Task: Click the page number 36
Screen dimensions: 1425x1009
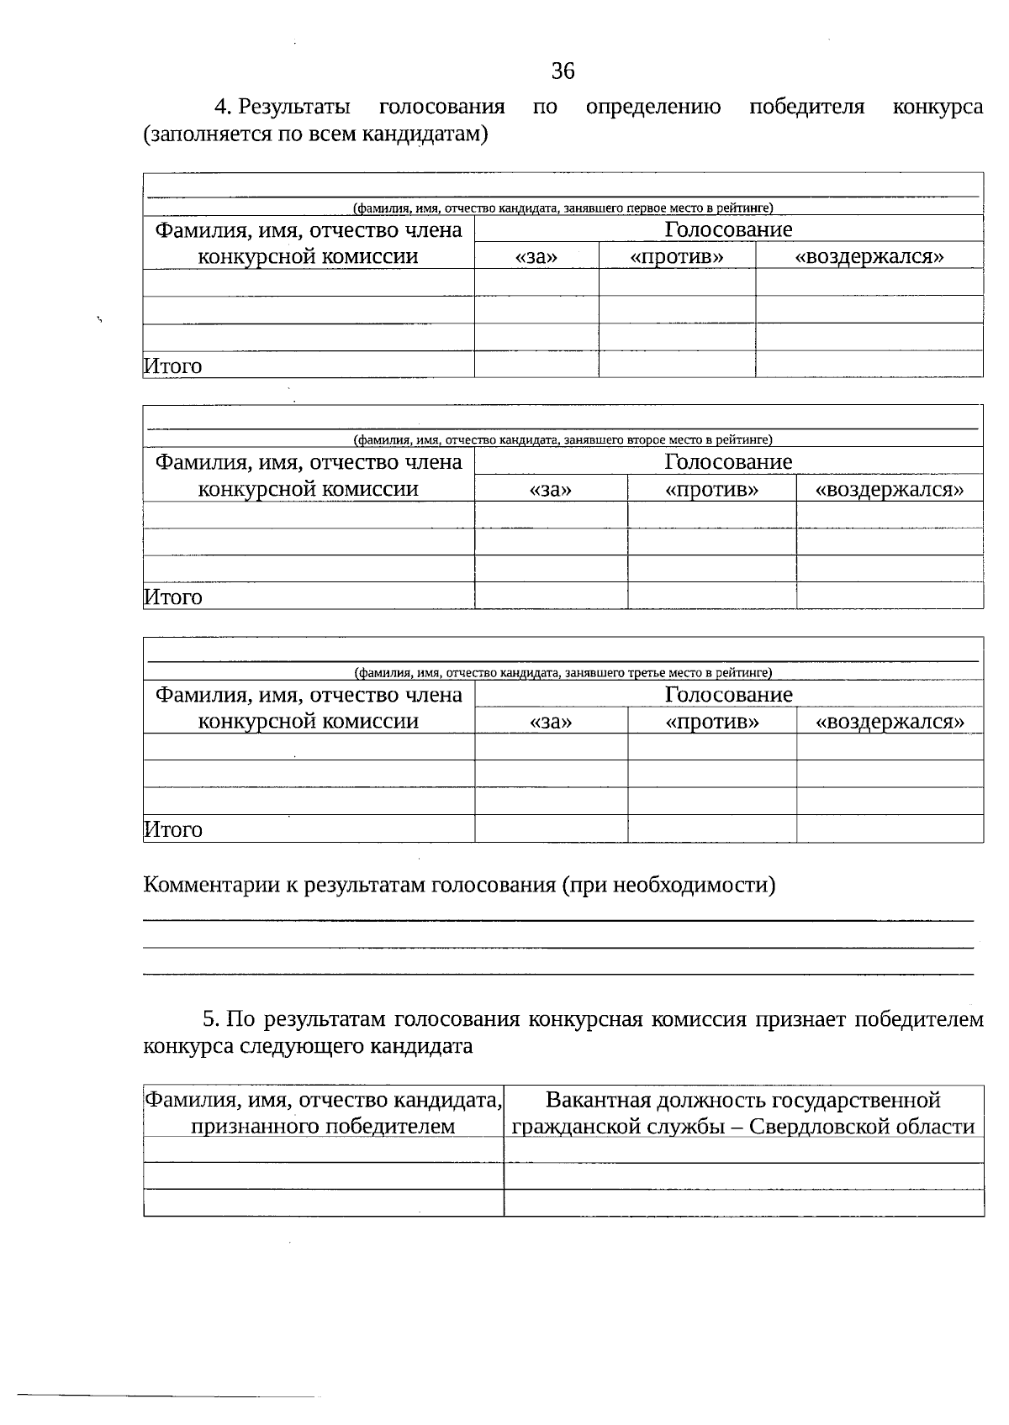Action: [x=563, y=71]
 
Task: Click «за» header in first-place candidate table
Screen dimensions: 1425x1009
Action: [x=536, y=257]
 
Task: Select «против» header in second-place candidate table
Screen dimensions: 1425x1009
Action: [x=711, y=490]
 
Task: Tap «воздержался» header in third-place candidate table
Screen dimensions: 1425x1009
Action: [x=890, y=722]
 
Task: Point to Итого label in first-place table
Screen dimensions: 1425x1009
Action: [x=173, y=366]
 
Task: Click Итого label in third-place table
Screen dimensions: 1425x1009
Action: [x=173, y=830]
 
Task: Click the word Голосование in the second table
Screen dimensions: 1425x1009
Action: [x=728, y=462]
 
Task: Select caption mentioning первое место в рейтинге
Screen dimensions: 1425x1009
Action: [x=563, y=208]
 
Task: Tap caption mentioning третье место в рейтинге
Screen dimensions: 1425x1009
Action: [x=563, y=672]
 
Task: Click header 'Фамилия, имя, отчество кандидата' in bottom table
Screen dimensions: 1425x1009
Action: [x=323, y=1100]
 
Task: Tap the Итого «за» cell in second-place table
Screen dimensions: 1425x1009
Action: [x=551, y=596]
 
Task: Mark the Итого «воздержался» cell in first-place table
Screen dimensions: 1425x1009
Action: [x=869, y=364]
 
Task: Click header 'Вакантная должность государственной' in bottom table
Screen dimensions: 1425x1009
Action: [x=743, y=1100]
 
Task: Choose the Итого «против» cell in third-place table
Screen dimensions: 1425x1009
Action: [x=711, y=828]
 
